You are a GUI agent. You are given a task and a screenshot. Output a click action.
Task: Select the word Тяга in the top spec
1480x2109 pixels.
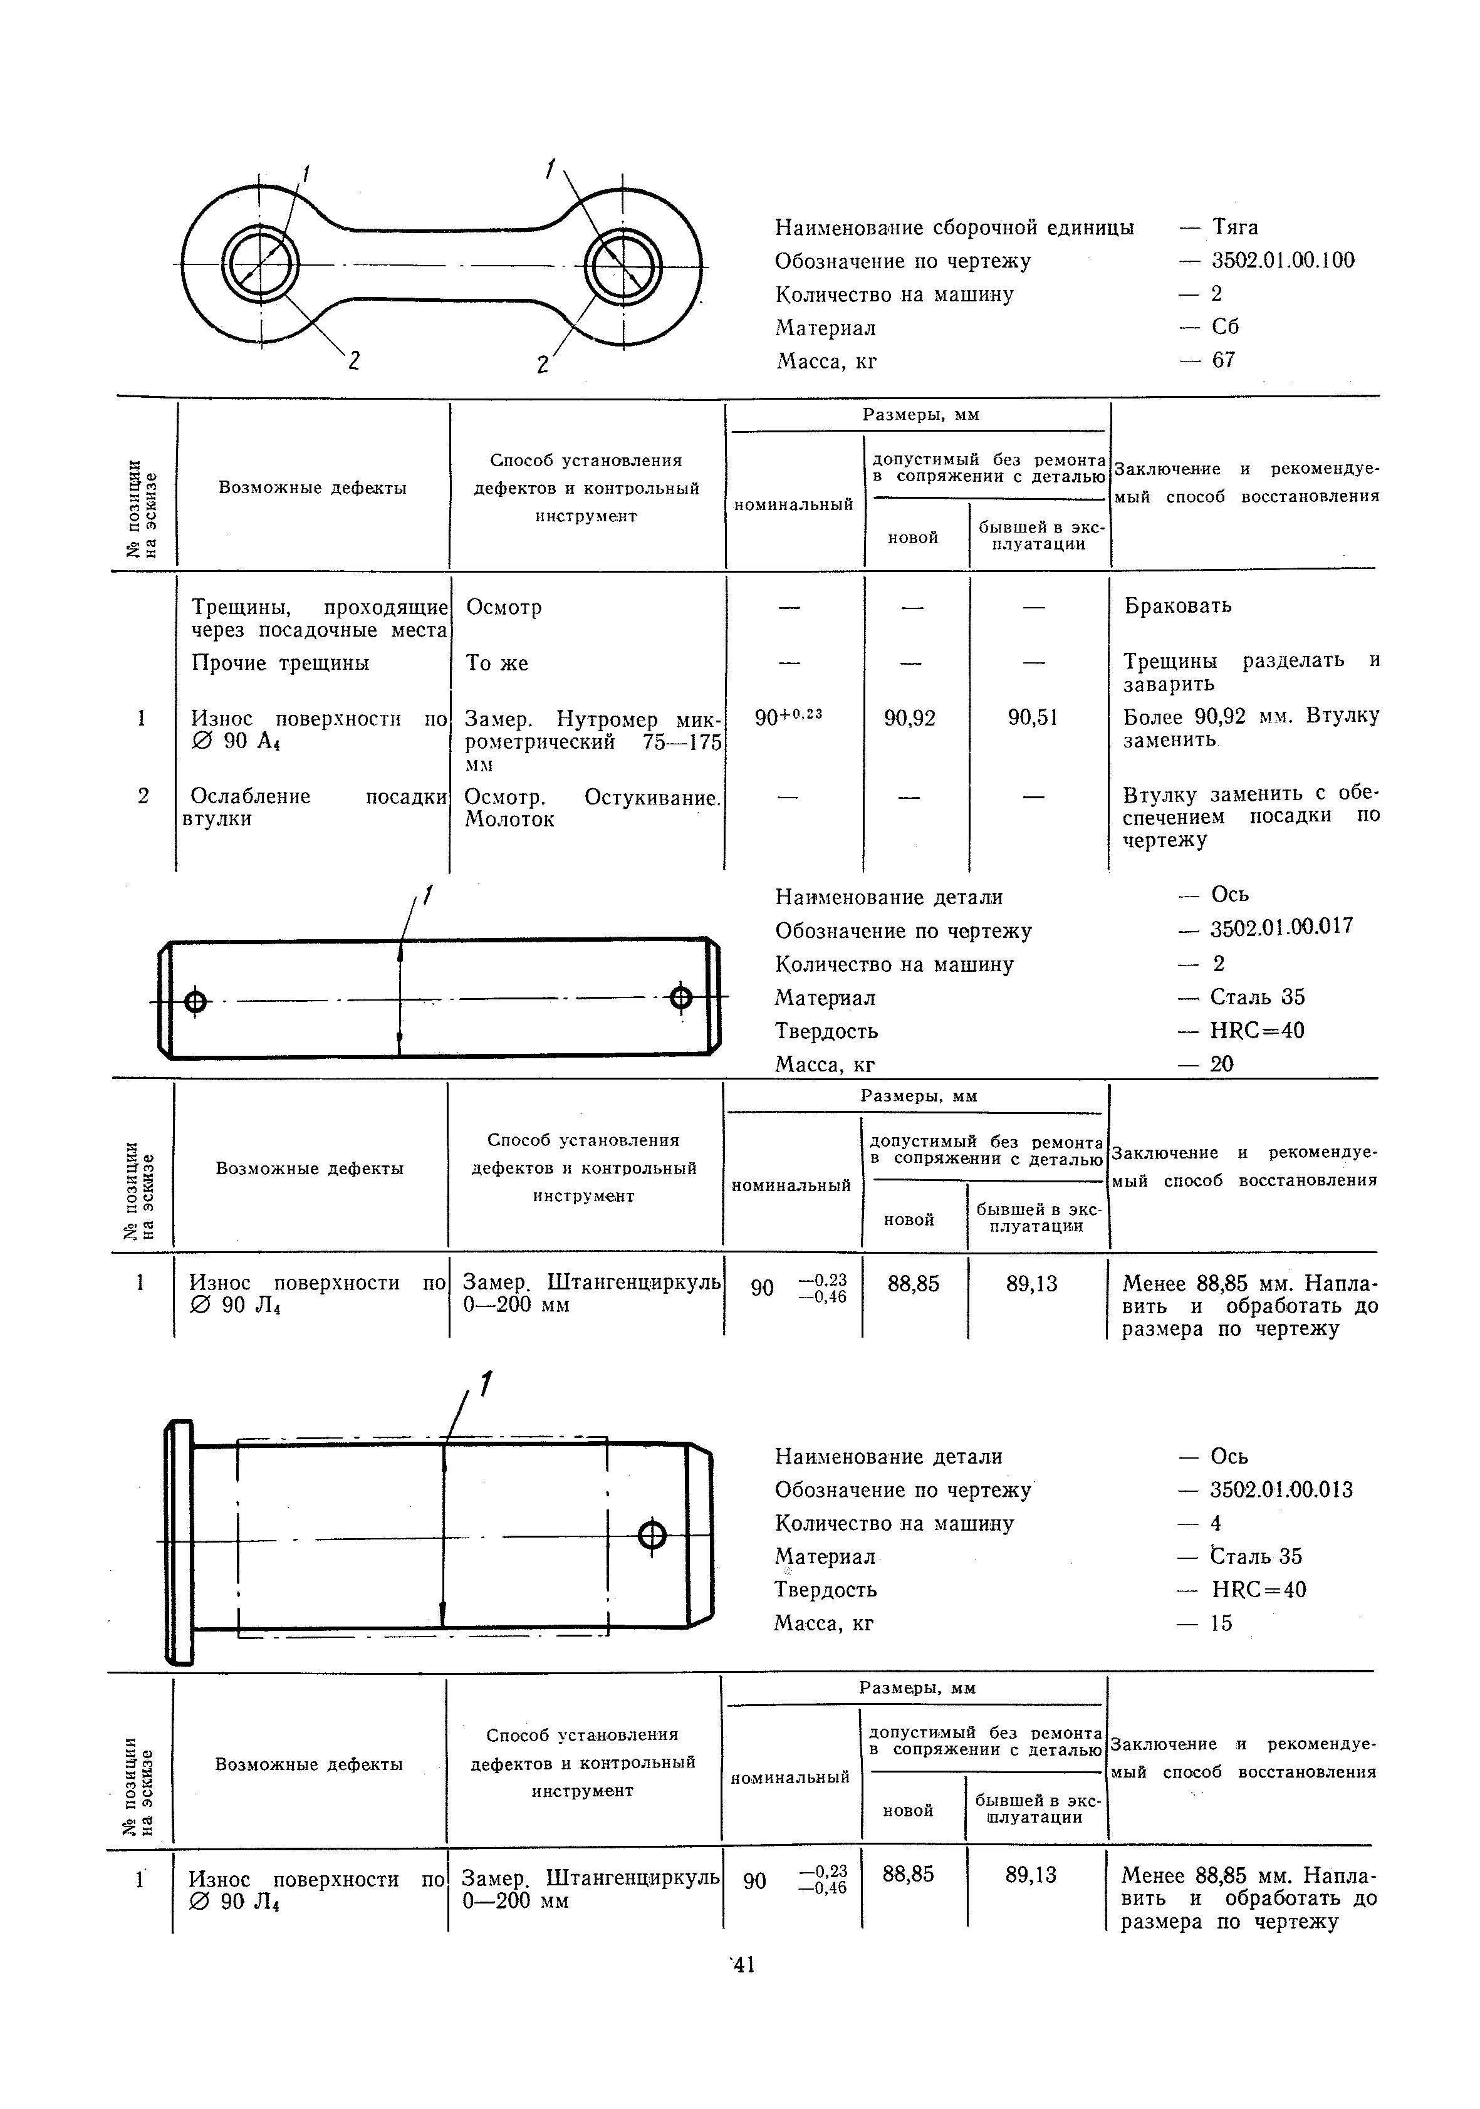coord(1235,226)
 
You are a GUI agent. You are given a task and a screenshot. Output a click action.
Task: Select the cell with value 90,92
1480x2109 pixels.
coord(910,717)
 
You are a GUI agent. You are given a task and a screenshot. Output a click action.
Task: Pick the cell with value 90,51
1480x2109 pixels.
coord(1033,717)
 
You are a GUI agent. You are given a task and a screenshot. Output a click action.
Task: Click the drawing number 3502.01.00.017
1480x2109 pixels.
coord(1281,926)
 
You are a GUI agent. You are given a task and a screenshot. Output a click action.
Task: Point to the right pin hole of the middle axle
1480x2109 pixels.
coord(680,997)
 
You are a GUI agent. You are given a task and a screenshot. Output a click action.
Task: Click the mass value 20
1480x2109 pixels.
coord(1222,1064)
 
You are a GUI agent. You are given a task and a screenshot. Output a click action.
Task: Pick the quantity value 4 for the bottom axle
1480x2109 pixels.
coord(1216,1523)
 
